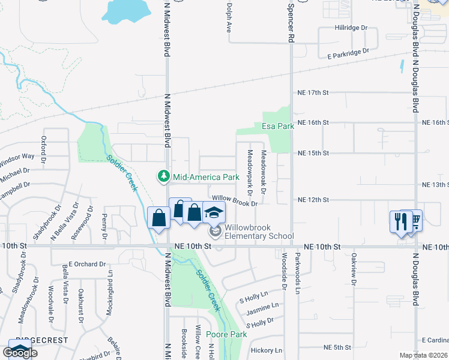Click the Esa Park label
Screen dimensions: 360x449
(278, 127)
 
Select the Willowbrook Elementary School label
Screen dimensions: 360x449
(249, 232)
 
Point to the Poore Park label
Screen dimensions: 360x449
(226, 334)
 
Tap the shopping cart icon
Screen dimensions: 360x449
(414, 220)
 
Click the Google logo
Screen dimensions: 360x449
(20, 353)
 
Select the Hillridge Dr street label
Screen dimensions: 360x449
(351, 28)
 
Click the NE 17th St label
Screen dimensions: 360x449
(314, 92)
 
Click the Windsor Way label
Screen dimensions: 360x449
(17, 160)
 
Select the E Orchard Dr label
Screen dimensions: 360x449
(86, 263)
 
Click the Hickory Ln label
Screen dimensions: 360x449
(267, 350)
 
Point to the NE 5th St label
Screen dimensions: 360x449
(337, 347)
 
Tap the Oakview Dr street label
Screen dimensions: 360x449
(354, 266)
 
